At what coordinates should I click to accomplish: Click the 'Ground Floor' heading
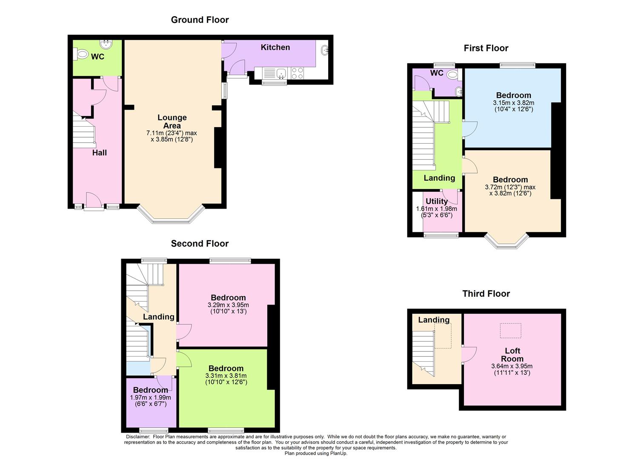[x=200, y=20]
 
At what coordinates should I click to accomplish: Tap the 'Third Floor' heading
[x=486, y=294]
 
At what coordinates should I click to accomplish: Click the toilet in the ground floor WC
[x=81, y=54]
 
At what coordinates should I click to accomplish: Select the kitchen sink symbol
[x=280, y=74]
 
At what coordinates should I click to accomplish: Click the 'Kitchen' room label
[x=275, y=47]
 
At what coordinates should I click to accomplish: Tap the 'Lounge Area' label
[x=172, y=122]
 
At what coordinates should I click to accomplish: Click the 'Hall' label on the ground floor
[x=100, y=153]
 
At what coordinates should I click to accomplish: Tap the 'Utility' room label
[x=437, y=201]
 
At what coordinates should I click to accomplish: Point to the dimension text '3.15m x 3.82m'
[x=513, y=103]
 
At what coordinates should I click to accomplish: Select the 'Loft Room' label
[x=512, y=354]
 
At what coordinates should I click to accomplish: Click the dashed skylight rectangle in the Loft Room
[x=510, y=331]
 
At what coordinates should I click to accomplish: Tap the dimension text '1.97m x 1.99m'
[x=150, y=397]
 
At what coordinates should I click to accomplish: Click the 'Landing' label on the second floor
[x=158, y=317]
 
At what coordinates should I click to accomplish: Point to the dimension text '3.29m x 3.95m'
[x=228, y=305]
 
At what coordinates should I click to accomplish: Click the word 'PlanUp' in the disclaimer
[x=338, y=453]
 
